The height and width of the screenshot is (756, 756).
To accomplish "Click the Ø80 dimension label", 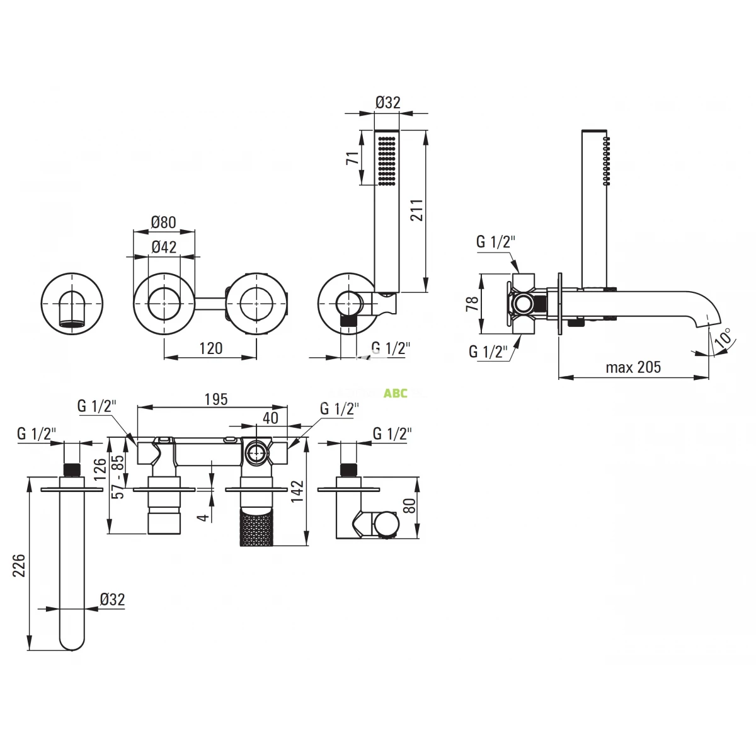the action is coord(164,222).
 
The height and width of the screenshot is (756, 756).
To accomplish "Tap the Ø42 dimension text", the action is coord(164,247).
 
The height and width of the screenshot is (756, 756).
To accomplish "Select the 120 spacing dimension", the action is coord(210,348).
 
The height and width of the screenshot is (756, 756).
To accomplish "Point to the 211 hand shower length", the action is coord(417,210).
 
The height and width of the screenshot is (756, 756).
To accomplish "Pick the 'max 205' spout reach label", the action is coord(633,367).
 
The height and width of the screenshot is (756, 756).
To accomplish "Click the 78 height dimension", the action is coord(472,303).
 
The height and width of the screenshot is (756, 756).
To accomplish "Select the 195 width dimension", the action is coord(216,399).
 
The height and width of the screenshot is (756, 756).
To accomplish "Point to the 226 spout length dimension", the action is coord(20,565).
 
